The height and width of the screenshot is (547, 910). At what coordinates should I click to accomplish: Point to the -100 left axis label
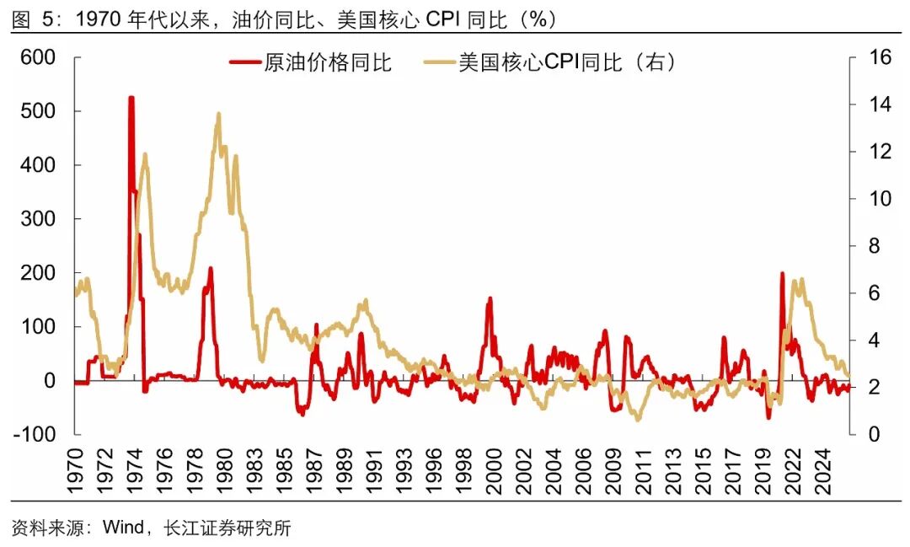(x=35, y=435)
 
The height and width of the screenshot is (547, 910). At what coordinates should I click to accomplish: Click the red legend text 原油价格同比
(x=328, y=64)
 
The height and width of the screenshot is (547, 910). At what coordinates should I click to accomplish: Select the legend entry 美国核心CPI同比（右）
(x=568, y=64)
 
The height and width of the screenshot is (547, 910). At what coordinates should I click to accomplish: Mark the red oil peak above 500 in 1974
(x=131, y=99)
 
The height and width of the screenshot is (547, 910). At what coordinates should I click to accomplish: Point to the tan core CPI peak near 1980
(x=218, y=114)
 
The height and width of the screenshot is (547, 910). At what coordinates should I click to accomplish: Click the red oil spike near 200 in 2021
(x=782, y=274)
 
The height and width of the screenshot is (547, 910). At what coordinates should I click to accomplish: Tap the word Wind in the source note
(x=123, y=528)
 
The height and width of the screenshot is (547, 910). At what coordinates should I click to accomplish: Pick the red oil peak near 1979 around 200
(x=210, y=270)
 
